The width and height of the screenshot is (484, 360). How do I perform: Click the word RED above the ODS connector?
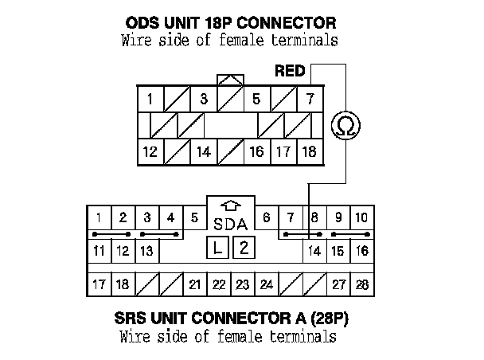(290, 72)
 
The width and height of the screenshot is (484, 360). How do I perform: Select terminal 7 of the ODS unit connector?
(309, 100)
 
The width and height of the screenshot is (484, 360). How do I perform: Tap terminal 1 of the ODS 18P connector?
(150, 100)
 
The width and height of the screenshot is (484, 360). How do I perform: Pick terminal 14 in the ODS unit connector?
(203, 151)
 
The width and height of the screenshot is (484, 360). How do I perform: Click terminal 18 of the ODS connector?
(309, 151)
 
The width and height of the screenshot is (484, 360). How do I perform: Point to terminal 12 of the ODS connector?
(150, 151)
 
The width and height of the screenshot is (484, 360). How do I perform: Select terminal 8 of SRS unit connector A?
(314, 217)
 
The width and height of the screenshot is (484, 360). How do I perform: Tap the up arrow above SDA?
(230, 206)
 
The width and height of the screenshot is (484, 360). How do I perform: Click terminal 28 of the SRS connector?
(362, 284)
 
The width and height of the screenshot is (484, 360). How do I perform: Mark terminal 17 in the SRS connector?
(98, 284)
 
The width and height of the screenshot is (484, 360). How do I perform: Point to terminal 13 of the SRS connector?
(146, 251)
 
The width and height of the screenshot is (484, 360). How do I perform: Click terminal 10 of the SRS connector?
(362, 217)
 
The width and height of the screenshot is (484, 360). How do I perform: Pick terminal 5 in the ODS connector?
(256, 100)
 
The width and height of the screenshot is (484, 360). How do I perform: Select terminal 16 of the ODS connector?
(256, 151)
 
